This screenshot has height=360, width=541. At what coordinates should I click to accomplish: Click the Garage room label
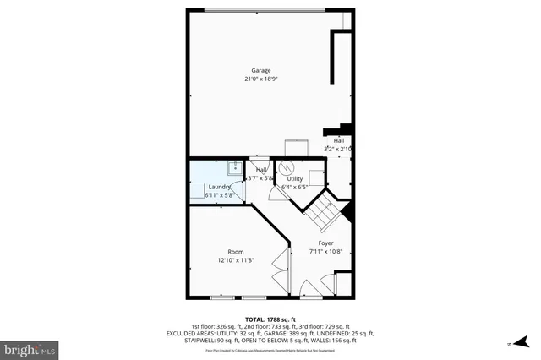pyautogui.click(x=260, y=70)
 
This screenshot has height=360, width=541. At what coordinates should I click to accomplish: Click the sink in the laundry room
pyautogui.click(x=236, y=166)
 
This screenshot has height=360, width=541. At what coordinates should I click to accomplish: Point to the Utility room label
pyautogui.click(x=294, y=178)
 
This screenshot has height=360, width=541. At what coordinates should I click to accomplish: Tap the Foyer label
pyautogui.click(x=325, y=243)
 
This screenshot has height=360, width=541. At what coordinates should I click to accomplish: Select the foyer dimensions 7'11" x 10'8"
pyautogui.click(x=325, y=251)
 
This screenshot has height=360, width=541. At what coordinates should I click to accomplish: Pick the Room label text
pyautogui.click(x=235, y=252)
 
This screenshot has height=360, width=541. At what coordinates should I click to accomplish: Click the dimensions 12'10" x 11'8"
pyautogui.click(x=235, y=260)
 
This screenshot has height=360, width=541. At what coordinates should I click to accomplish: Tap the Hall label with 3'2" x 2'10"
pyautogui.click(x=338, y=141)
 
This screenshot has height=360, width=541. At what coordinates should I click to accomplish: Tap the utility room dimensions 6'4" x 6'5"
pyautogui.click(x=294, y=187)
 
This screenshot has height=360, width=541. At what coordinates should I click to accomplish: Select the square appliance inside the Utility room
pyautogui.click(x=316, y=177)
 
